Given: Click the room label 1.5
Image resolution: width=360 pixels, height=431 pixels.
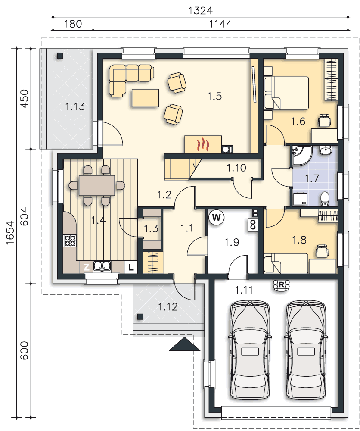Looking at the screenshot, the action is (214, 96).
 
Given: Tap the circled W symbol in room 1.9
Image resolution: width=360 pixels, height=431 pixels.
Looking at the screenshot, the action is (216, 217).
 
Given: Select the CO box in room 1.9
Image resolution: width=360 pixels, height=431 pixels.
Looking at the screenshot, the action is (253, 224).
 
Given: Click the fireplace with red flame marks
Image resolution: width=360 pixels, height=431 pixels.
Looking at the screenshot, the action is (203, 144).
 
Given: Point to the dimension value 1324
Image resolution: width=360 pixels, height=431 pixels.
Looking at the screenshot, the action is (201, 10).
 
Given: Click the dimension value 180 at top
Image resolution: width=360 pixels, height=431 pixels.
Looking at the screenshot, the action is (73, 24).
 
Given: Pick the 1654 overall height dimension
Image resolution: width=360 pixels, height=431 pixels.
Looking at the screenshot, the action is (10, 233).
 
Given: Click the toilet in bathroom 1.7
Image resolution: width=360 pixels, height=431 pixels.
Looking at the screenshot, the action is (325, 198).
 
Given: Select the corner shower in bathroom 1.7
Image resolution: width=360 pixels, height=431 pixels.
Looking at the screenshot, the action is (301, 155).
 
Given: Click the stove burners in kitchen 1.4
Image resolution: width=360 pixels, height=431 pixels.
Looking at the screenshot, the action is (70, 240).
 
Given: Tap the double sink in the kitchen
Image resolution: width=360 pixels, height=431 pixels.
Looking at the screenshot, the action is (102, 266).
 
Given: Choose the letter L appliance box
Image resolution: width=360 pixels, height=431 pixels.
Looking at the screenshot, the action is (131, 267).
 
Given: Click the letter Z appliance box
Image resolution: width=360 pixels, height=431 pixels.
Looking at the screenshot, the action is (86, 267).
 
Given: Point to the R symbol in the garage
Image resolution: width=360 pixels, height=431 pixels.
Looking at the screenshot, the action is (282, 285).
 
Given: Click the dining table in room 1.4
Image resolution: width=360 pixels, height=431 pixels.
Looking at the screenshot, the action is (96, 185).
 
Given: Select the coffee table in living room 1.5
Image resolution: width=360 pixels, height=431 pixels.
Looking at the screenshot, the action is (145, 98).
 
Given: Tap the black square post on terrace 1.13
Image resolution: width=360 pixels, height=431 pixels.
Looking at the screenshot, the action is (60, 56).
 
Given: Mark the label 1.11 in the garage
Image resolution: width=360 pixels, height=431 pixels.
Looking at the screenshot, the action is (244, 290).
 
